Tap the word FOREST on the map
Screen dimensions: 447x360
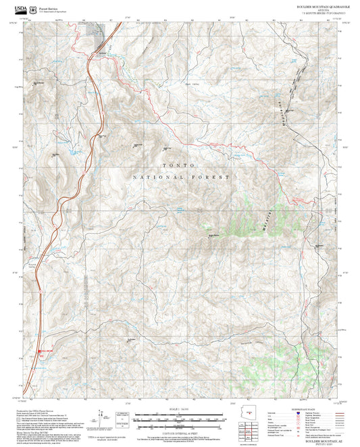pos(209,177)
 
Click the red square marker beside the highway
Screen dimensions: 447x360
pos(40,350)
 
